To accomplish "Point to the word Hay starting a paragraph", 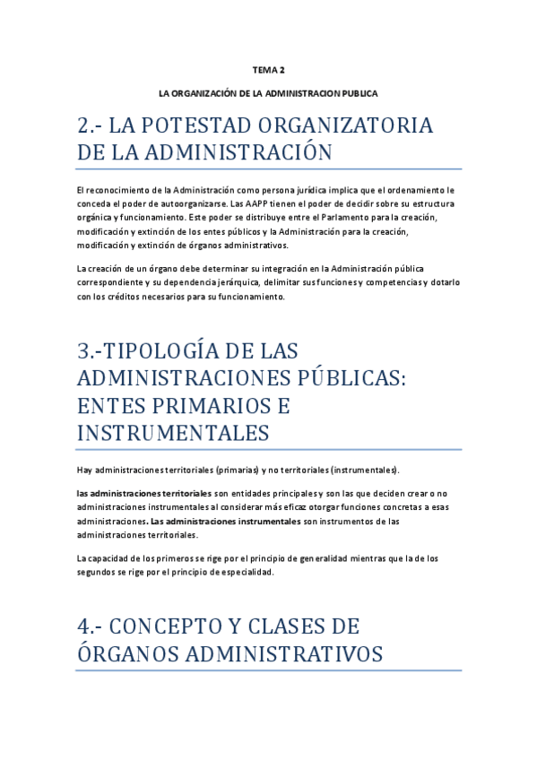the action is click(86, 470).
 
